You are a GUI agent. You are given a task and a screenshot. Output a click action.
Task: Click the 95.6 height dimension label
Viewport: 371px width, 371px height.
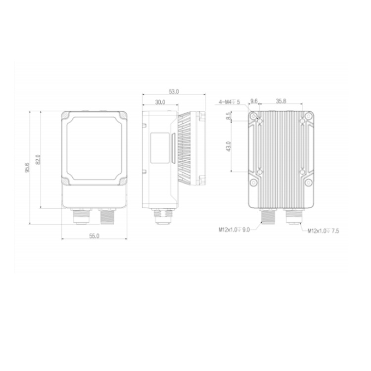(27, 168)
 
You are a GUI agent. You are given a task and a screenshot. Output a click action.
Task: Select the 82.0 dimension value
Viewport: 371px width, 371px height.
(38, 159)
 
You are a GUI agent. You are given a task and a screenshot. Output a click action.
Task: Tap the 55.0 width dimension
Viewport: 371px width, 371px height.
(94, 236)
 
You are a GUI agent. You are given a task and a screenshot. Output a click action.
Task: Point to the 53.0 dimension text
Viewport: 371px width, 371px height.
(174, 92)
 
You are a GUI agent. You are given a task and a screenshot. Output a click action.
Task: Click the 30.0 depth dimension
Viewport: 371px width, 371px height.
(160, 102)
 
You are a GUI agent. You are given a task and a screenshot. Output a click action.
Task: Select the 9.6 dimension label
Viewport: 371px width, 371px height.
(254, 101)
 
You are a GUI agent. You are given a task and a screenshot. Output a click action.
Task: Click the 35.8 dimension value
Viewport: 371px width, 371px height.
(281, 101)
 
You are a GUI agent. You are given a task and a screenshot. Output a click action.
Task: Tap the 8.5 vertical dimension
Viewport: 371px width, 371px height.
(229, 116)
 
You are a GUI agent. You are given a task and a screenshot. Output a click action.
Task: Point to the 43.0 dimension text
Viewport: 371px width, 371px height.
(229, 146)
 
